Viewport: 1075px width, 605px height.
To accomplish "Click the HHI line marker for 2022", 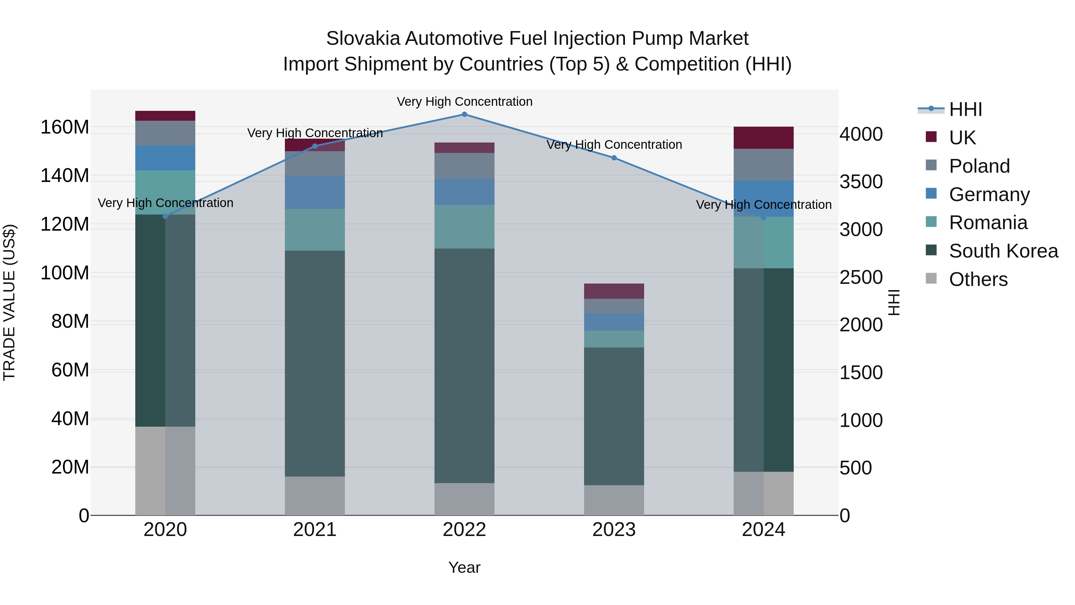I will tap(464, 114).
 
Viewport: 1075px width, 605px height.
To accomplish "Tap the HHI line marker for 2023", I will tap(614, 158).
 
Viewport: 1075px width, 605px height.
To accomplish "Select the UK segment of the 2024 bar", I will tap(763, 138).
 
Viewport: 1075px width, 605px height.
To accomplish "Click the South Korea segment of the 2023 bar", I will tap(614, 416).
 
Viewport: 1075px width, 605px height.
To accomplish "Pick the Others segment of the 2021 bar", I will tap(315, 496).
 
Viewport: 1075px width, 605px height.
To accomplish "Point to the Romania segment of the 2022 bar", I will tap(464, 227).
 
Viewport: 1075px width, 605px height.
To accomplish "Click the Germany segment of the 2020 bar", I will tap(165, 158).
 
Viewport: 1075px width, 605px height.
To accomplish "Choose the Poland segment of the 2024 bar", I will tap(763, 165).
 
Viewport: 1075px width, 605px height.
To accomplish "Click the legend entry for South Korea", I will tap(1003, 251).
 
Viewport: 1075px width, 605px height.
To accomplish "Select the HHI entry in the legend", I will tap(965, 109).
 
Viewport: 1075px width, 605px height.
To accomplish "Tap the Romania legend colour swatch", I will tap(931, 222).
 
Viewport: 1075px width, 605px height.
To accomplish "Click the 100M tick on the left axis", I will tap(65, 273).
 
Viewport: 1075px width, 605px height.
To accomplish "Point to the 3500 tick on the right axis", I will tap(861, 182).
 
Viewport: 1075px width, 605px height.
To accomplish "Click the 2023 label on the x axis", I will tap(614, 530).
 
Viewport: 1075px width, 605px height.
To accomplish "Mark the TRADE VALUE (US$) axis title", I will tap(9, 302).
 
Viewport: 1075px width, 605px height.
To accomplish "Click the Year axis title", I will tap(464, 567).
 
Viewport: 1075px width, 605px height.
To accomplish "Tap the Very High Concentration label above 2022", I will tap(464, 102).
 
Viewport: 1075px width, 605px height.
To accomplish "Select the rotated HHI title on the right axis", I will tap(893, 302).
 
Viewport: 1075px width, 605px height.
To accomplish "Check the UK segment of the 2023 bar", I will tap(614, 291).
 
